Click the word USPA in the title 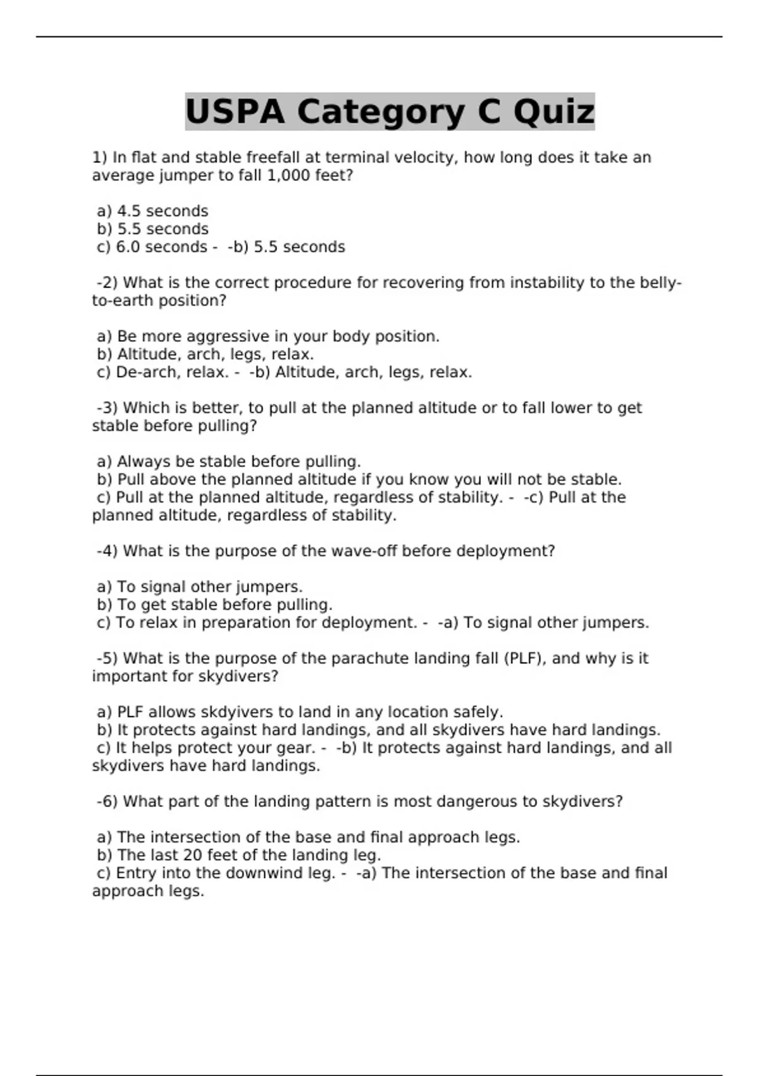[x=235, y=112]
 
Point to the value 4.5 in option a [x=129, y=211]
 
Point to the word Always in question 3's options [x=144, y=461]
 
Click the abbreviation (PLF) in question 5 [x=525, y=658]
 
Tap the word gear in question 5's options [x=294, y=748]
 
